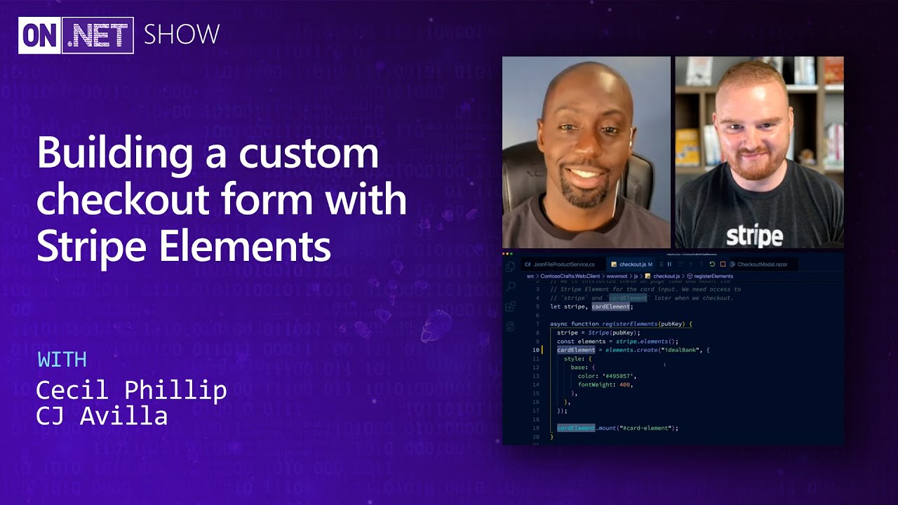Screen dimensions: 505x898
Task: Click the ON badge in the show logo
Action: click(x=41, y=35)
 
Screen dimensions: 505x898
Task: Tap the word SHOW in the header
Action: click(x=182, y=34)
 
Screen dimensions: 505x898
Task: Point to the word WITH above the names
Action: click(x=62, y=360)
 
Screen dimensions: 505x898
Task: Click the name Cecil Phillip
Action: click(x=131, y=390)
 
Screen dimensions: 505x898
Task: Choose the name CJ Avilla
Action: click(x=102, y=416)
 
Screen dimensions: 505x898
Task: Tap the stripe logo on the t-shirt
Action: click(x=754, y=235)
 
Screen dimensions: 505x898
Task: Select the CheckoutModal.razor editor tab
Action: click(x=762, y=264)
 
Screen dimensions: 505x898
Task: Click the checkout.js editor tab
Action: click(x=632, y=264)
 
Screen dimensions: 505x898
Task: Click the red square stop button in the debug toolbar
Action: click(x=723, y=264)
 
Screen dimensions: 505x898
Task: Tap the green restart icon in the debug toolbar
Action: click(x=712, y=264)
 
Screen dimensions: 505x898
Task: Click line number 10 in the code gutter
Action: click(x=536, y=350)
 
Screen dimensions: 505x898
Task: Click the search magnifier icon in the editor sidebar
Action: click(x=511, y=286)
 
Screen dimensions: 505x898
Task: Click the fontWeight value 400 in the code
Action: click(x=626, y=384)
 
